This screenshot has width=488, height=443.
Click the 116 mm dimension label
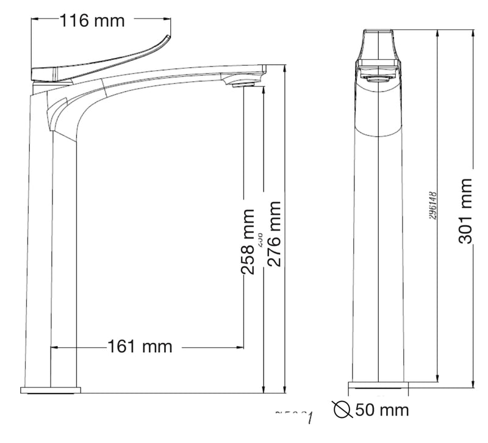click(91, 20)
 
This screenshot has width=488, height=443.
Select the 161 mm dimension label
click(140, 347)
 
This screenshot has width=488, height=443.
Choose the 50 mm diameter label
click(382, 409)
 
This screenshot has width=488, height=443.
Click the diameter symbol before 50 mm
click(343, 409)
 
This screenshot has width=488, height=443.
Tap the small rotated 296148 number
click(431, 206)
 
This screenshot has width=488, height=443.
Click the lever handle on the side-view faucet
click(104, 62)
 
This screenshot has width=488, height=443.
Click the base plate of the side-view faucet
click(51, 389)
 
